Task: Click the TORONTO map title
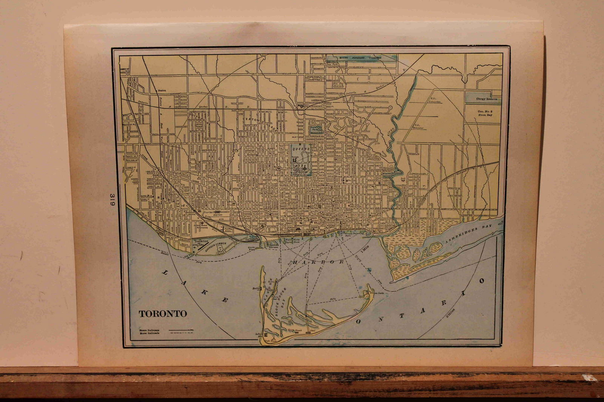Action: pos(163,314)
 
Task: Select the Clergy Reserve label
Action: pos(486,99)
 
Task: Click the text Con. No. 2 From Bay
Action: pos(485,113)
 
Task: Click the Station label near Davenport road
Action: pos(162,91)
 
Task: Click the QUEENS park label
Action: pos(301,149)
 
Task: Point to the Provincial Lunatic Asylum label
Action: pos(218,213)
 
